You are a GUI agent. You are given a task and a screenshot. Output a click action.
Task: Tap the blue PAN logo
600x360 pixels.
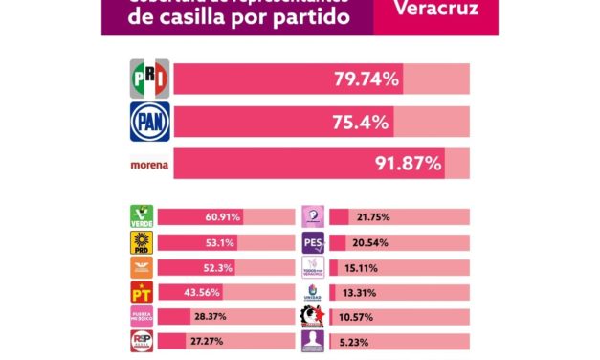149,122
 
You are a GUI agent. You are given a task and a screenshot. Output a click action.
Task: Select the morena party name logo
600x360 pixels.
149,165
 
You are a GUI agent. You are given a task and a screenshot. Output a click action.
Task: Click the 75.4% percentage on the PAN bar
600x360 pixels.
361,122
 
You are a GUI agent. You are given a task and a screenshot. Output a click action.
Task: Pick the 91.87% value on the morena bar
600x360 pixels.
406,164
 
